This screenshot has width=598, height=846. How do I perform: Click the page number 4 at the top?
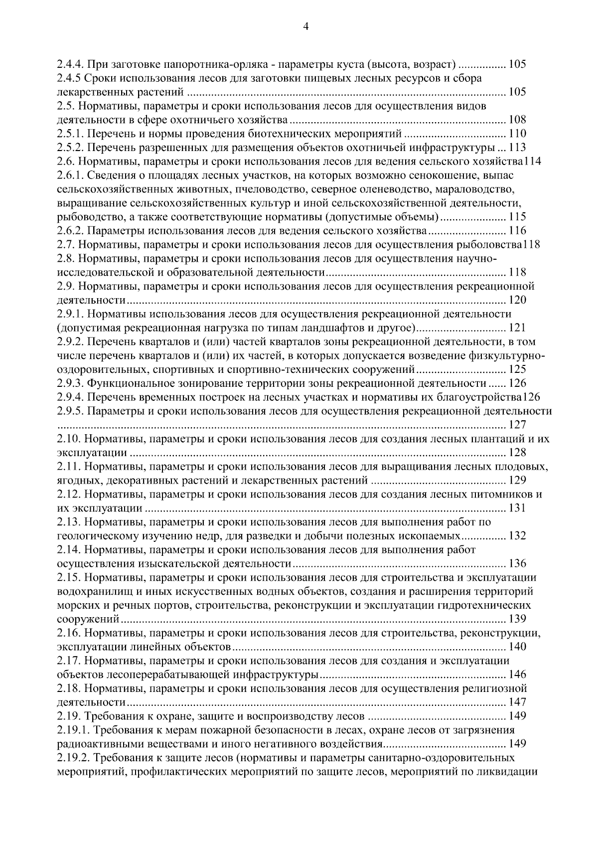coord(305,27)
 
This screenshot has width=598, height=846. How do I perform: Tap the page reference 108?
coord(517,120)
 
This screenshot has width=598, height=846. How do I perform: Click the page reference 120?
coord(517,300)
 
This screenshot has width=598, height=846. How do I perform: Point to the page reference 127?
coord(517,425)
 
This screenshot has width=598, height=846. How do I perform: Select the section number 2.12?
coord(68,495)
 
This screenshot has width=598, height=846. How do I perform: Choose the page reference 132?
coord(517,536)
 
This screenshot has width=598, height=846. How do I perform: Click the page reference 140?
coord(517,648)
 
